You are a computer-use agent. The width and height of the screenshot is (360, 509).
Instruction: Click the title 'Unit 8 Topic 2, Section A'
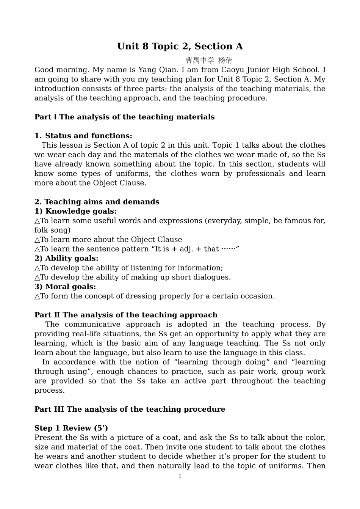180,46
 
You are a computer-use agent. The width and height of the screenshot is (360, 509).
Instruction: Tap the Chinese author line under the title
209,61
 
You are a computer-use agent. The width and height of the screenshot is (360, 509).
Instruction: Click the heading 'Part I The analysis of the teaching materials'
124,117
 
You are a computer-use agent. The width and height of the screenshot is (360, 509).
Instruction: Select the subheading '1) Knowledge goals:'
75,211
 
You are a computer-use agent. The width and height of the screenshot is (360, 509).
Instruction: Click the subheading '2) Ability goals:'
66,258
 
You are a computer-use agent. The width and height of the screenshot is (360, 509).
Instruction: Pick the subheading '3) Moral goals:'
65,287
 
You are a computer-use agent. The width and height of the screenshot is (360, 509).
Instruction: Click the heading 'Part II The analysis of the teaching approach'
126,315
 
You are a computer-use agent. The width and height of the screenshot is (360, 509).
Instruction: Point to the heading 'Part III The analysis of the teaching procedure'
130,409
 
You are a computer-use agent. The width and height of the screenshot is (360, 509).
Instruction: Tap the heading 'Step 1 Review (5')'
71,428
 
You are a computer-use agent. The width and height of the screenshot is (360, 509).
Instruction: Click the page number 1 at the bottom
180,476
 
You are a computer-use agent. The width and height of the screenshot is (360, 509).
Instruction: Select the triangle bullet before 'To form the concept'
37,297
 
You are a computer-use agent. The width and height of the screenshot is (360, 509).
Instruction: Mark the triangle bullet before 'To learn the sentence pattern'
37,249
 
